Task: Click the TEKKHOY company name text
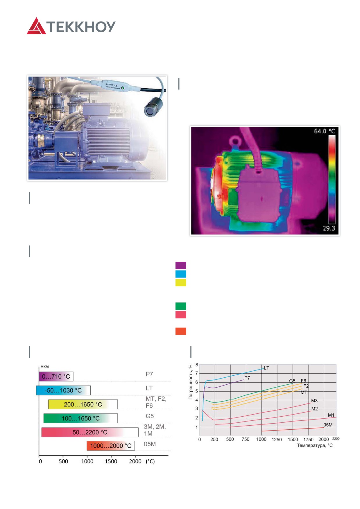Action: click(81, 27)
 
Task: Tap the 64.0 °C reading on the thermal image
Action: click(325, 131)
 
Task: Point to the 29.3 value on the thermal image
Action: click(329, 228)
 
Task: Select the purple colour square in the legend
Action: click(181, 265)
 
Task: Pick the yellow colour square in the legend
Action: click(181, 283)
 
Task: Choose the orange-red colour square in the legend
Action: click(181, 331)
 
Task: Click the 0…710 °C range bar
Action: click(56, 377)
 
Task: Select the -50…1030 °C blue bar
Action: click(63, 390)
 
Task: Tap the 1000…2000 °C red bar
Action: click(111, 446)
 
